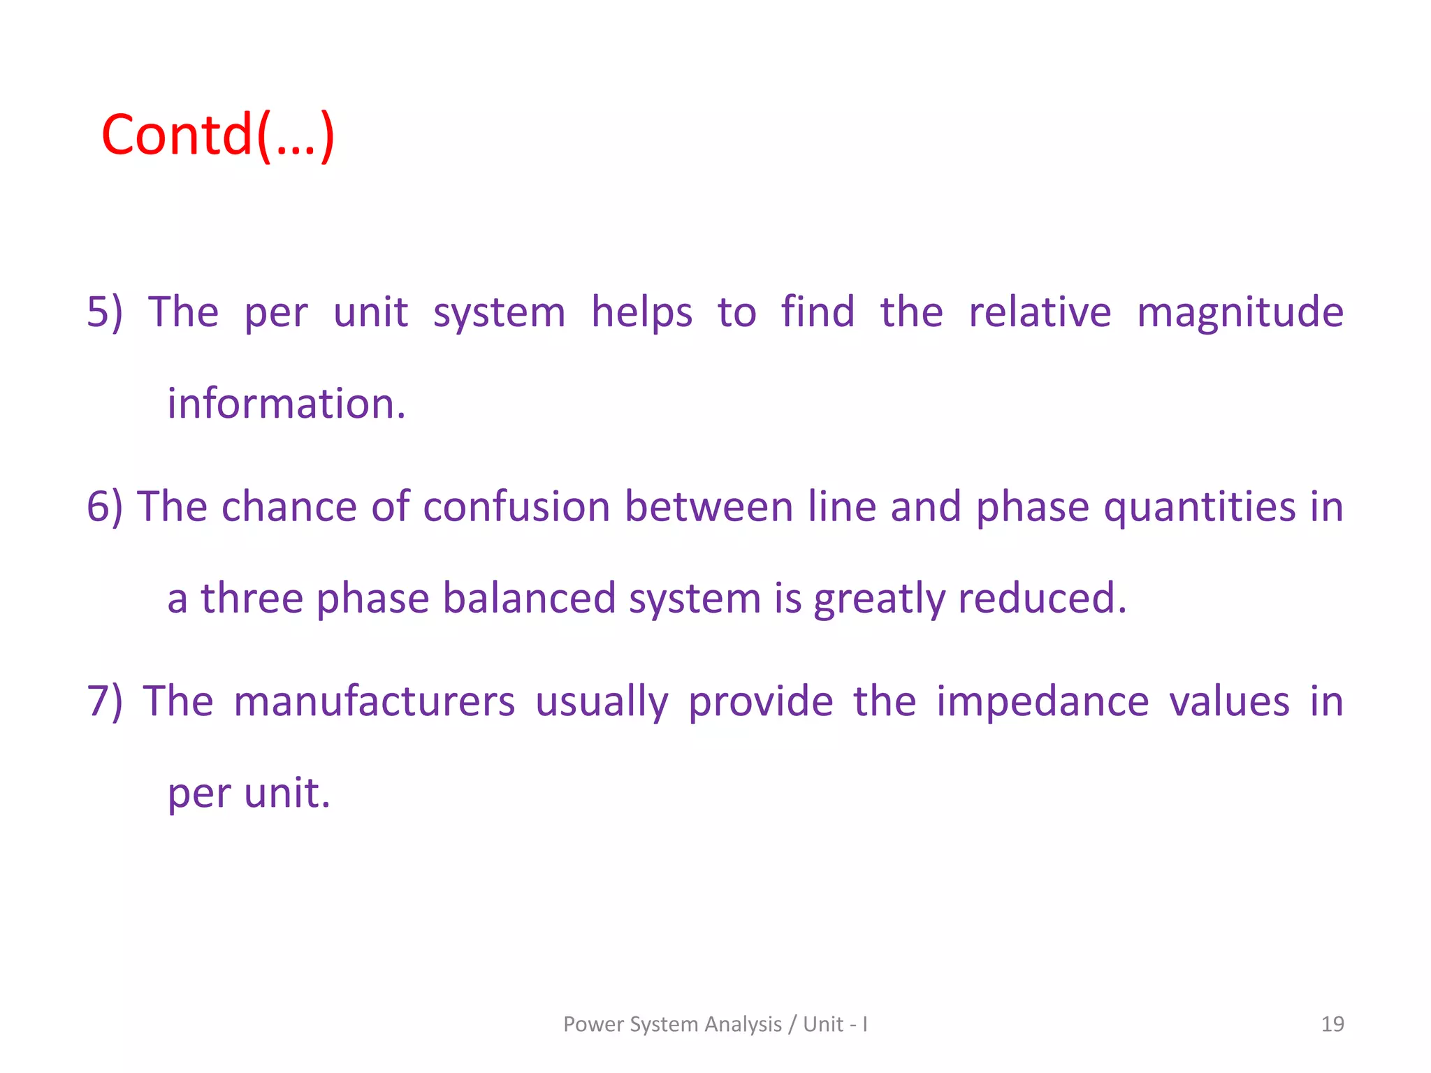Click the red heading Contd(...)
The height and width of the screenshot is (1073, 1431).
pos(218,136)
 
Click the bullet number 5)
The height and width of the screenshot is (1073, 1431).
pos(105,312)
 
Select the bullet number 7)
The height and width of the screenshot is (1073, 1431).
pos(105,701)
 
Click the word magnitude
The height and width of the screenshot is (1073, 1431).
pos(1240,312)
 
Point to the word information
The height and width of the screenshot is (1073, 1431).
pos(286,404)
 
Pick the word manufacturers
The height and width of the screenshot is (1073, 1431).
pos(375,701)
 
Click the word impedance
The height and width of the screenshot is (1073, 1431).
pos(1043,701)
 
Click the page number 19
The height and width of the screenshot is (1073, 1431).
pos(1332,1024)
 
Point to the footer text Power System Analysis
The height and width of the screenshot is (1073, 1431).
pos(672,1024)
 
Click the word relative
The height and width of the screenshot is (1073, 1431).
pos(1040,312)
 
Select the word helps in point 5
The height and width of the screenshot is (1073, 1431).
pos(641,312)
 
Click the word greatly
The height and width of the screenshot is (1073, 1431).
pos(879,599)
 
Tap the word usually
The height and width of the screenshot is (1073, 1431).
pos(602,701)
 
